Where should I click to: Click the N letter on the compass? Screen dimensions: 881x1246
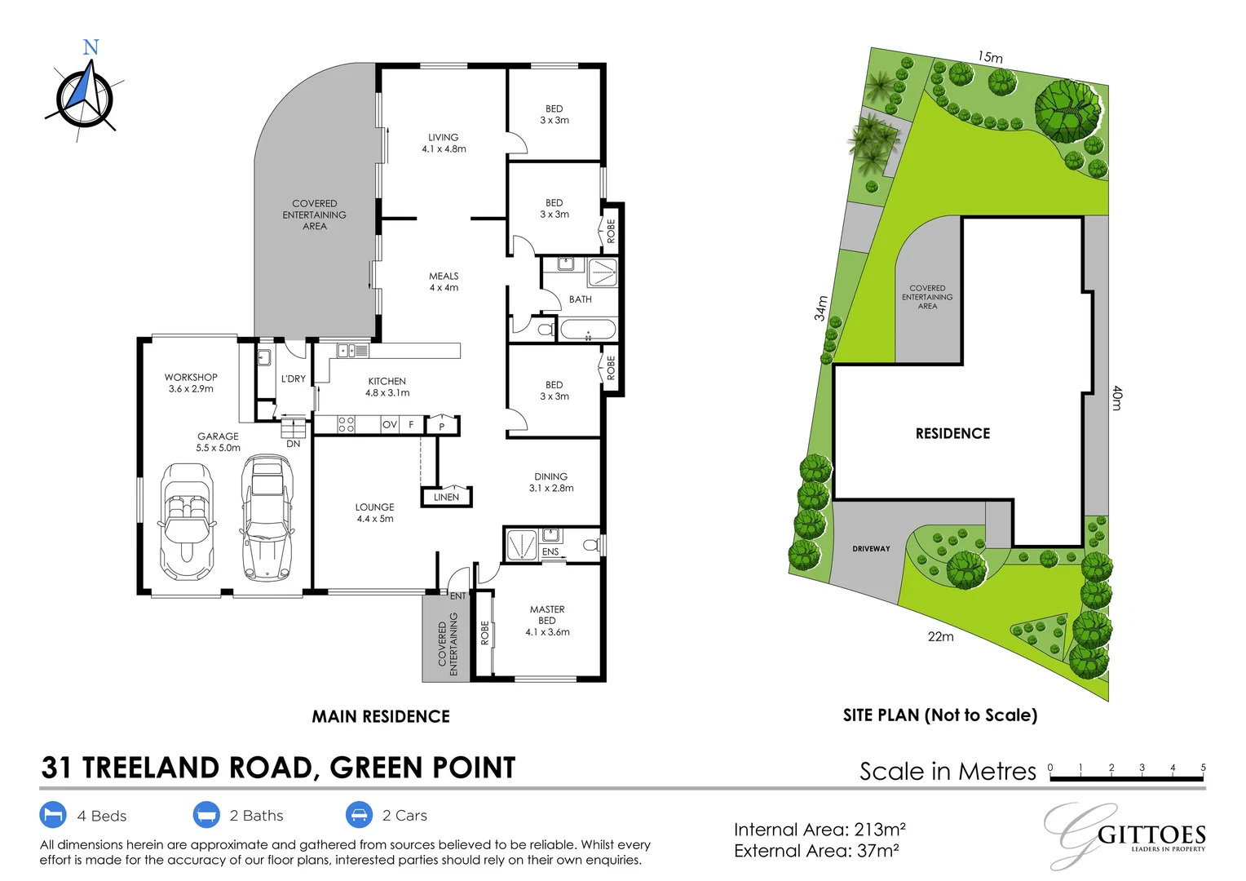91,47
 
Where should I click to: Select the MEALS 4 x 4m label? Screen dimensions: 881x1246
444,282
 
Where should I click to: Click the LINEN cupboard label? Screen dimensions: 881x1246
446,497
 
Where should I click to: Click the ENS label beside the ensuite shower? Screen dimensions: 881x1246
550,552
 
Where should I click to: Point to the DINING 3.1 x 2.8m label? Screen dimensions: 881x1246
551,482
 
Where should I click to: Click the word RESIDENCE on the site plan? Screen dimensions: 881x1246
952,434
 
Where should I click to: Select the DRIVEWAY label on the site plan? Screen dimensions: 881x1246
871,549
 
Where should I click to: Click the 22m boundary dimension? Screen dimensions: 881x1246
940,636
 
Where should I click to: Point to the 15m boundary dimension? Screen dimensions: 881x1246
990,57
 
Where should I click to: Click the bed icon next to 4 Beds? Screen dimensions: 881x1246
53,815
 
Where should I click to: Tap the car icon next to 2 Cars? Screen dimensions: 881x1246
359,815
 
